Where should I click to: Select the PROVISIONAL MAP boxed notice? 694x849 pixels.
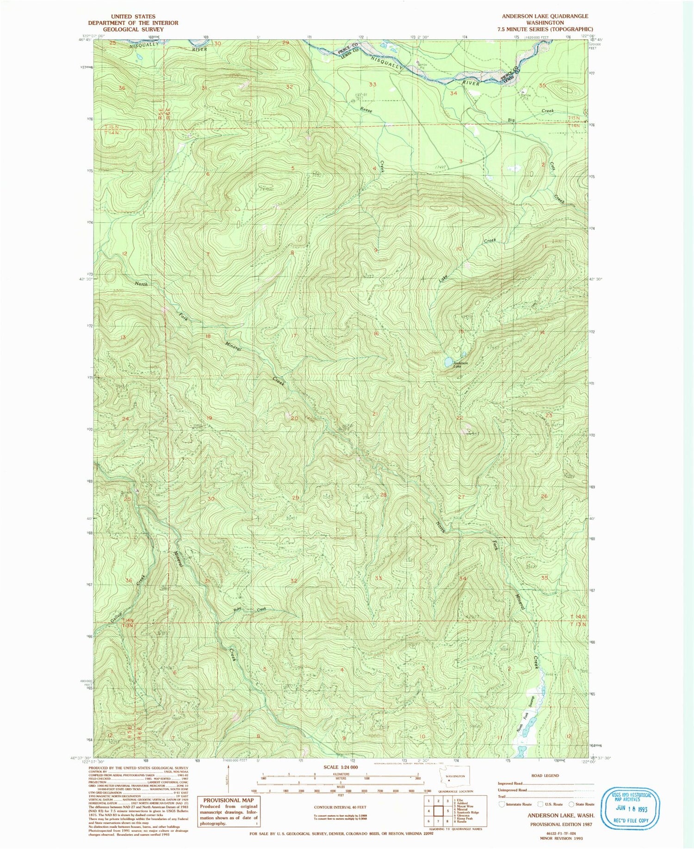pyautogui.click(x=229, y=811)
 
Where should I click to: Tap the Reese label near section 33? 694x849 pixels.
pyautogui.click(x=367, y=110)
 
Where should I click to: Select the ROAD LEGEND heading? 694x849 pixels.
pyautogui.click(x=545, y=776)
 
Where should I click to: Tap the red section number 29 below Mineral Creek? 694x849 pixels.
pyautogui.click(x=296, y=498)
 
